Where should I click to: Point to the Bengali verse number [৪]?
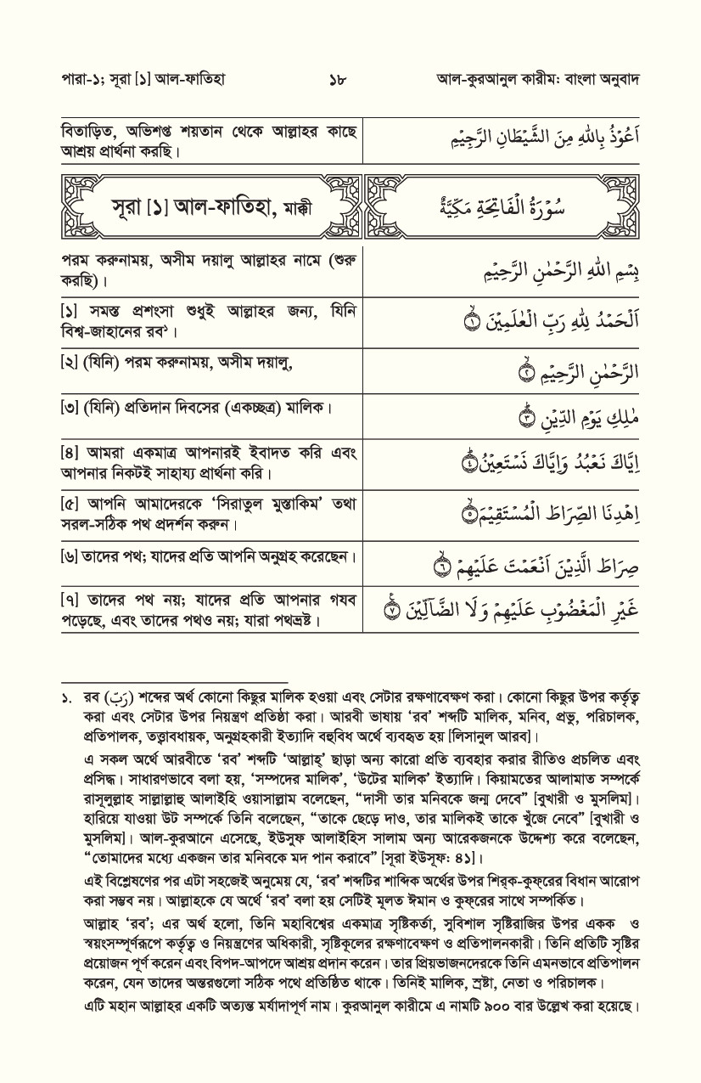point(70,453)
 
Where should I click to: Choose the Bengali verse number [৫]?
point(70,505)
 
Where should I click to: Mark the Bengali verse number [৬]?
point(70,557)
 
